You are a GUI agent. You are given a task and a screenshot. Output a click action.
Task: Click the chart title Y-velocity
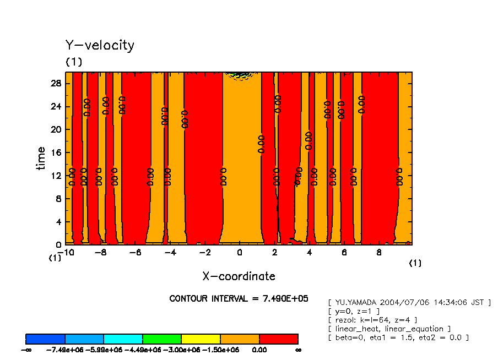click(x=100, y=45)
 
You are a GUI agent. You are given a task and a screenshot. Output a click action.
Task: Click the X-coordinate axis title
click(x=239, y=276)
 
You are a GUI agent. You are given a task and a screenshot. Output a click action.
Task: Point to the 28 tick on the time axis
click(x=57, y=83)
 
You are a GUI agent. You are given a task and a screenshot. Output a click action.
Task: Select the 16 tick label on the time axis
click(x=57, y=152)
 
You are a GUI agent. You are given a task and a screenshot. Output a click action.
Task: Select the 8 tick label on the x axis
click(x=379, y=253)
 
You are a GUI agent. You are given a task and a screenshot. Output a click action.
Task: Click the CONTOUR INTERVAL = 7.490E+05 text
click(x=239, y=298)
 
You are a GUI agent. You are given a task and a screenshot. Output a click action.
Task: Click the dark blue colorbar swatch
click(x=45, y=339)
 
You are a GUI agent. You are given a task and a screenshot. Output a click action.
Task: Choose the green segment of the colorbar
click(x=161, y=339)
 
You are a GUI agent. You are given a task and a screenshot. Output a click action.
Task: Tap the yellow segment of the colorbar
click(x=201, y=339)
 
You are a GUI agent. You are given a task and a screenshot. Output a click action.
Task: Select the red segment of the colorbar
click(x=278, y=339)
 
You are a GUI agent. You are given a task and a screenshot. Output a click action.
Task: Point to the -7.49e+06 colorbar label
click(x=65, y=350)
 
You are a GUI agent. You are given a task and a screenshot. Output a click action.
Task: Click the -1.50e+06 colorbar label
click(x=220, y=350)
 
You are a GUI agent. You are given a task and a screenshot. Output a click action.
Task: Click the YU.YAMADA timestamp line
click(x=409, y=302)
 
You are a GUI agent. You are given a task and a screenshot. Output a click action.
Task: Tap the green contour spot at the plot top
click(x=239, y=74)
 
